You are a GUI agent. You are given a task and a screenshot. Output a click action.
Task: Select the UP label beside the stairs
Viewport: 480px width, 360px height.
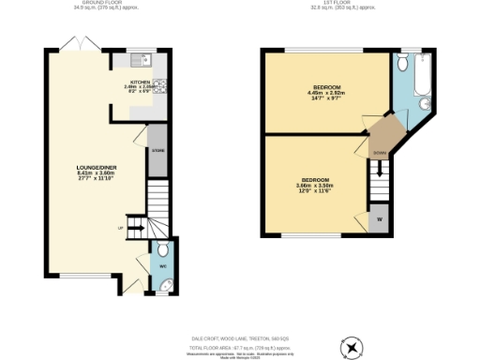(120, 228)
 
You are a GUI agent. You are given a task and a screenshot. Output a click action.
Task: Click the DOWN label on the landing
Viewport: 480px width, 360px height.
(379, 151)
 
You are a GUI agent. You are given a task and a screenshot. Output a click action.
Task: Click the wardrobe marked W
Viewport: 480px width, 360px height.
(380, 220)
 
